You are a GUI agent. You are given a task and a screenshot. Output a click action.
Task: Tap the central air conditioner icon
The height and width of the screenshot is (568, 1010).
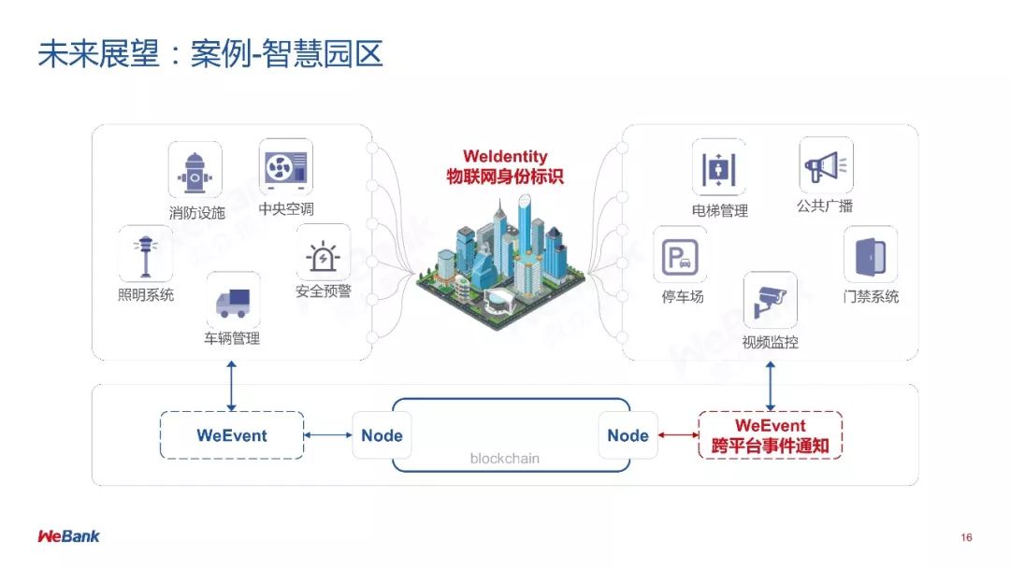[285, 166]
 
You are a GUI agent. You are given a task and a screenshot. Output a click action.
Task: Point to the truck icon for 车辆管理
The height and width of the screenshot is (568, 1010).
[233, 301]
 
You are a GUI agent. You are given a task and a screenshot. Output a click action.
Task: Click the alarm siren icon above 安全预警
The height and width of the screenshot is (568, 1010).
[323, 252]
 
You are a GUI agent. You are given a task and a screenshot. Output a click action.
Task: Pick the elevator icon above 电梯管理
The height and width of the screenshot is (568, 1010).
[719, 169]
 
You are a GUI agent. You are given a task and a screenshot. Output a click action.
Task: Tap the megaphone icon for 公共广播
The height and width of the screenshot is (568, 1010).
[825, 166]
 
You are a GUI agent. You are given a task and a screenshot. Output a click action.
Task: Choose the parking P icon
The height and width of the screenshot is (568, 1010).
[680, 256]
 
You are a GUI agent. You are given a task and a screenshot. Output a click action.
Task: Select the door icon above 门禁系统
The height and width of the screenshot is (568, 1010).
[870, 254]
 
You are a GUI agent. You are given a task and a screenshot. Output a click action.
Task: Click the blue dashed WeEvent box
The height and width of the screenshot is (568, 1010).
[232, 435]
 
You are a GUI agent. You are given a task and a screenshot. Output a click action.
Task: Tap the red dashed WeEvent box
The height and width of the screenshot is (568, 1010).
[770, 435]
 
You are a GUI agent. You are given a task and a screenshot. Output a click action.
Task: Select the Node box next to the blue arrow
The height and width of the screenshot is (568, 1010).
[382, 435]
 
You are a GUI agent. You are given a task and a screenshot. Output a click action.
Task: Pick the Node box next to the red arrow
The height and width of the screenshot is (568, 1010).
[628, 435]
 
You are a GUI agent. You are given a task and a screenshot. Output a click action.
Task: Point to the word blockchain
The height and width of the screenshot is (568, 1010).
[504, 459]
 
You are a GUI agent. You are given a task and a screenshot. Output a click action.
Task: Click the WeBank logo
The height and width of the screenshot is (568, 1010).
[68, 536]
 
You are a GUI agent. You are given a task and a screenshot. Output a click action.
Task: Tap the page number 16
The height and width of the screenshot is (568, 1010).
[966, 537]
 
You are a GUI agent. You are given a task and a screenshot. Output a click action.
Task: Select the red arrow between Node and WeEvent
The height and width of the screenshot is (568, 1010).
[677, 435]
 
